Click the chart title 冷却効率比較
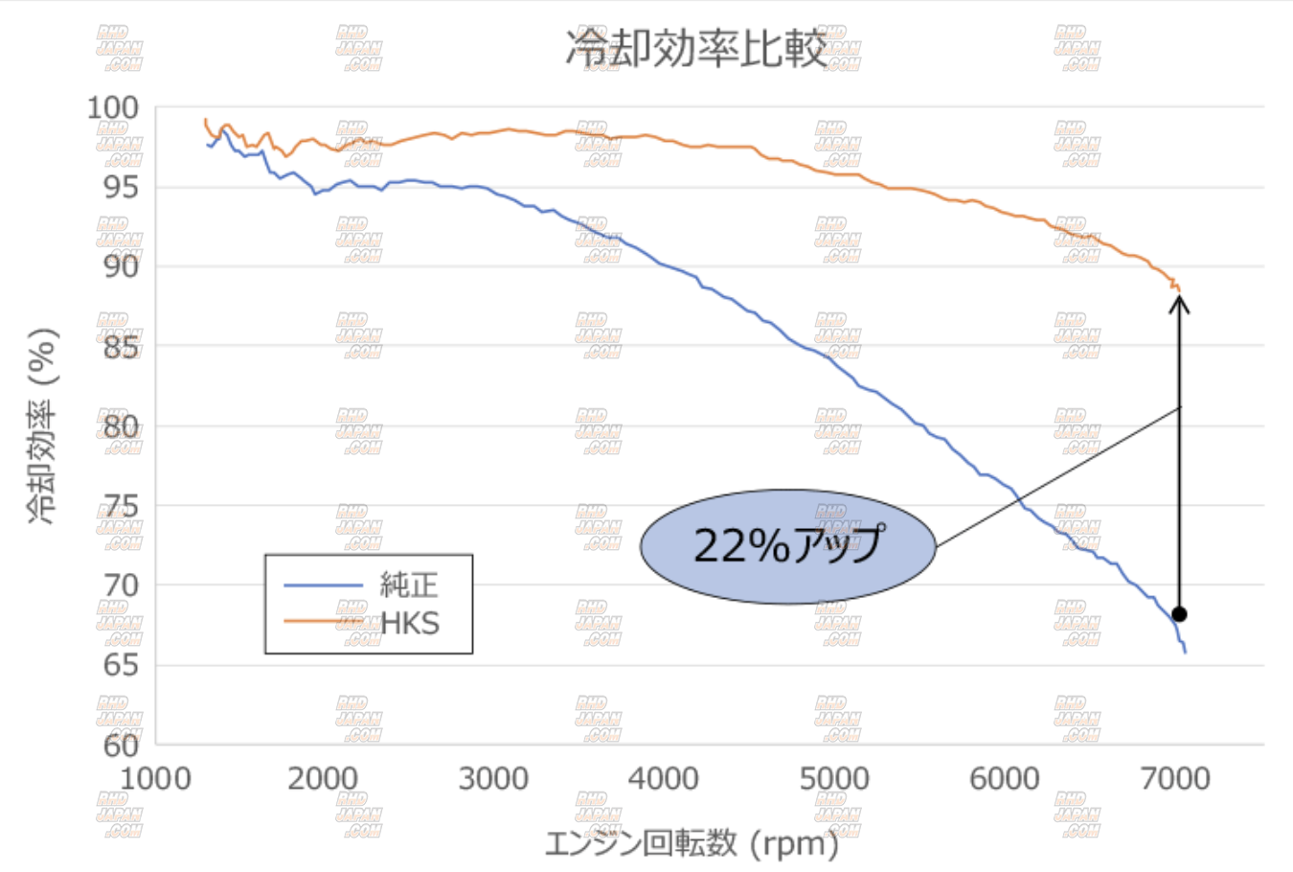[696, 48]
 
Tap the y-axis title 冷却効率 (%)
[43, 425]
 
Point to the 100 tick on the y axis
[113, 107]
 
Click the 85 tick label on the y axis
[122, 346]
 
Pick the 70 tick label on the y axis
[122, 585]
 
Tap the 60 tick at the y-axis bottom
[122, 745]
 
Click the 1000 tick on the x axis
[155, 779]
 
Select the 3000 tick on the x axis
[493, 779]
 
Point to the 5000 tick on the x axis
[834, 779]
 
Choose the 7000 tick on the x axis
[1175, 779]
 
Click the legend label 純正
[409, 584]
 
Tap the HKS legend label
[410, 624]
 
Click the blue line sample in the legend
[323, 585]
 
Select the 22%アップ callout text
[787, 546]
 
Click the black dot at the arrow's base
[1179, 614]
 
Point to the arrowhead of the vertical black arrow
[1179, 303]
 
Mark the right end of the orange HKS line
[1179, 288]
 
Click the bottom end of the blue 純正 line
[1185, 653]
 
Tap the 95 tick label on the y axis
[122, 187]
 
